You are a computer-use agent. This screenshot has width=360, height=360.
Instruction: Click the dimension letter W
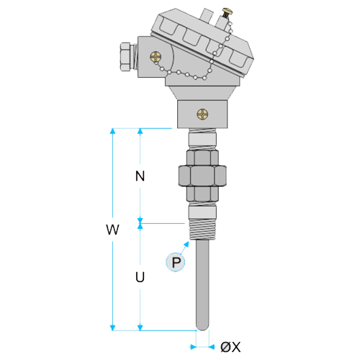coord(112,230)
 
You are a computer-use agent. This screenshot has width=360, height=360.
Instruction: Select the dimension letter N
coord(140,176)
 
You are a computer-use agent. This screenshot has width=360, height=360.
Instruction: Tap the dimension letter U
coord(140,277)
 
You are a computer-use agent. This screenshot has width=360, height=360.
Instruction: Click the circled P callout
coord(176,262)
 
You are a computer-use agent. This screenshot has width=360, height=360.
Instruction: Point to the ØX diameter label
coord(230,347)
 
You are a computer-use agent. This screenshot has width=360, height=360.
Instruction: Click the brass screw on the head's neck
coord(202,114)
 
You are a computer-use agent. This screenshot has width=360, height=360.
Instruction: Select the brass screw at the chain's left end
coord(156,57)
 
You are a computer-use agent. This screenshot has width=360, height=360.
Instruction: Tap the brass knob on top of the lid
coord(227,12)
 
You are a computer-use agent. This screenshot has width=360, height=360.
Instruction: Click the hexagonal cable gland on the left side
coord(128,57)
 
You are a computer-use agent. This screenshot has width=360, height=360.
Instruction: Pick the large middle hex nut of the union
coord(202,176)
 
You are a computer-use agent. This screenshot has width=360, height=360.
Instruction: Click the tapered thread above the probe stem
coord(202,230)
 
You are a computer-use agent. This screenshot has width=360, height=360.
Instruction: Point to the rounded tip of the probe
coord(202,328)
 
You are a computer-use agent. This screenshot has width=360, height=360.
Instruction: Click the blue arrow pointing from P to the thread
coord(184,247)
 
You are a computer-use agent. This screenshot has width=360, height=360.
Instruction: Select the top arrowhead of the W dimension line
coord(112,131)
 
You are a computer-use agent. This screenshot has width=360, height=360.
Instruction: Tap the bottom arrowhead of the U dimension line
coord(140,328)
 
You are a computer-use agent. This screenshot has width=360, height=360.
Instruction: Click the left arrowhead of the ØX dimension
coord(193,347)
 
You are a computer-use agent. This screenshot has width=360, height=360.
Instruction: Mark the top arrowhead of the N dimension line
coord(140,131)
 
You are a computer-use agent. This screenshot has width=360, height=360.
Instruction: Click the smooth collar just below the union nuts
coord(202,212)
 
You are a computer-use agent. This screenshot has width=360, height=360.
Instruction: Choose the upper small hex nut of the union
coord(202,158)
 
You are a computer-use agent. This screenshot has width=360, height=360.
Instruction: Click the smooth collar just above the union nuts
coord(202,139)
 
